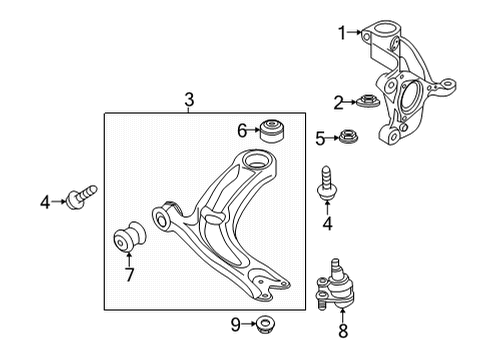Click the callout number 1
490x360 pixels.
342,33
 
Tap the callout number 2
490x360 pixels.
339,103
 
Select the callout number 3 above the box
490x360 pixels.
189,99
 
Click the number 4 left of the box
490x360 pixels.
45,202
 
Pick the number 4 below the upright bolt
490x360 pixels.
328,224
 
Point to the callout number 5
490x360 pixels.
320,139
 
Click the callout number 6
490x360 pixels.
242,130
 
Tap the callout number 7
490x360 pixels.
129,275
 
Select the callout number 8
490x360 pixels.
343,331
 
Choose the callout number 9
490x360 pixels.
236,324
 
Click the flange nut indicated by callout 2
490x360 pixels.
368,100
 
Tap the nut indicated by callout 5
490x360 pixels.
349,136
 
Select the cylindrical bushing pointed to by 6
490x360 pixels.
273,130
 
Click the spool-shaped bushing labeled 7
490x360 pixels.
130,237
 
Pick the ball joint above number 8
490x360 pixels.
335,284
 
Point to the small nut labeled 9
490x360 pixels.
265,323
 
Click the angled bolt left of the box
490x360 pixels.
82,197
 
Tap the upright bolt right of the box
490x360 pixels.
327,183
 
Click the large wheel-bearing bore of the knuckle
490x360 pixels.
411,95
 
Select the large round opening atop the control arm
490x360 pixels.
256,160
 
